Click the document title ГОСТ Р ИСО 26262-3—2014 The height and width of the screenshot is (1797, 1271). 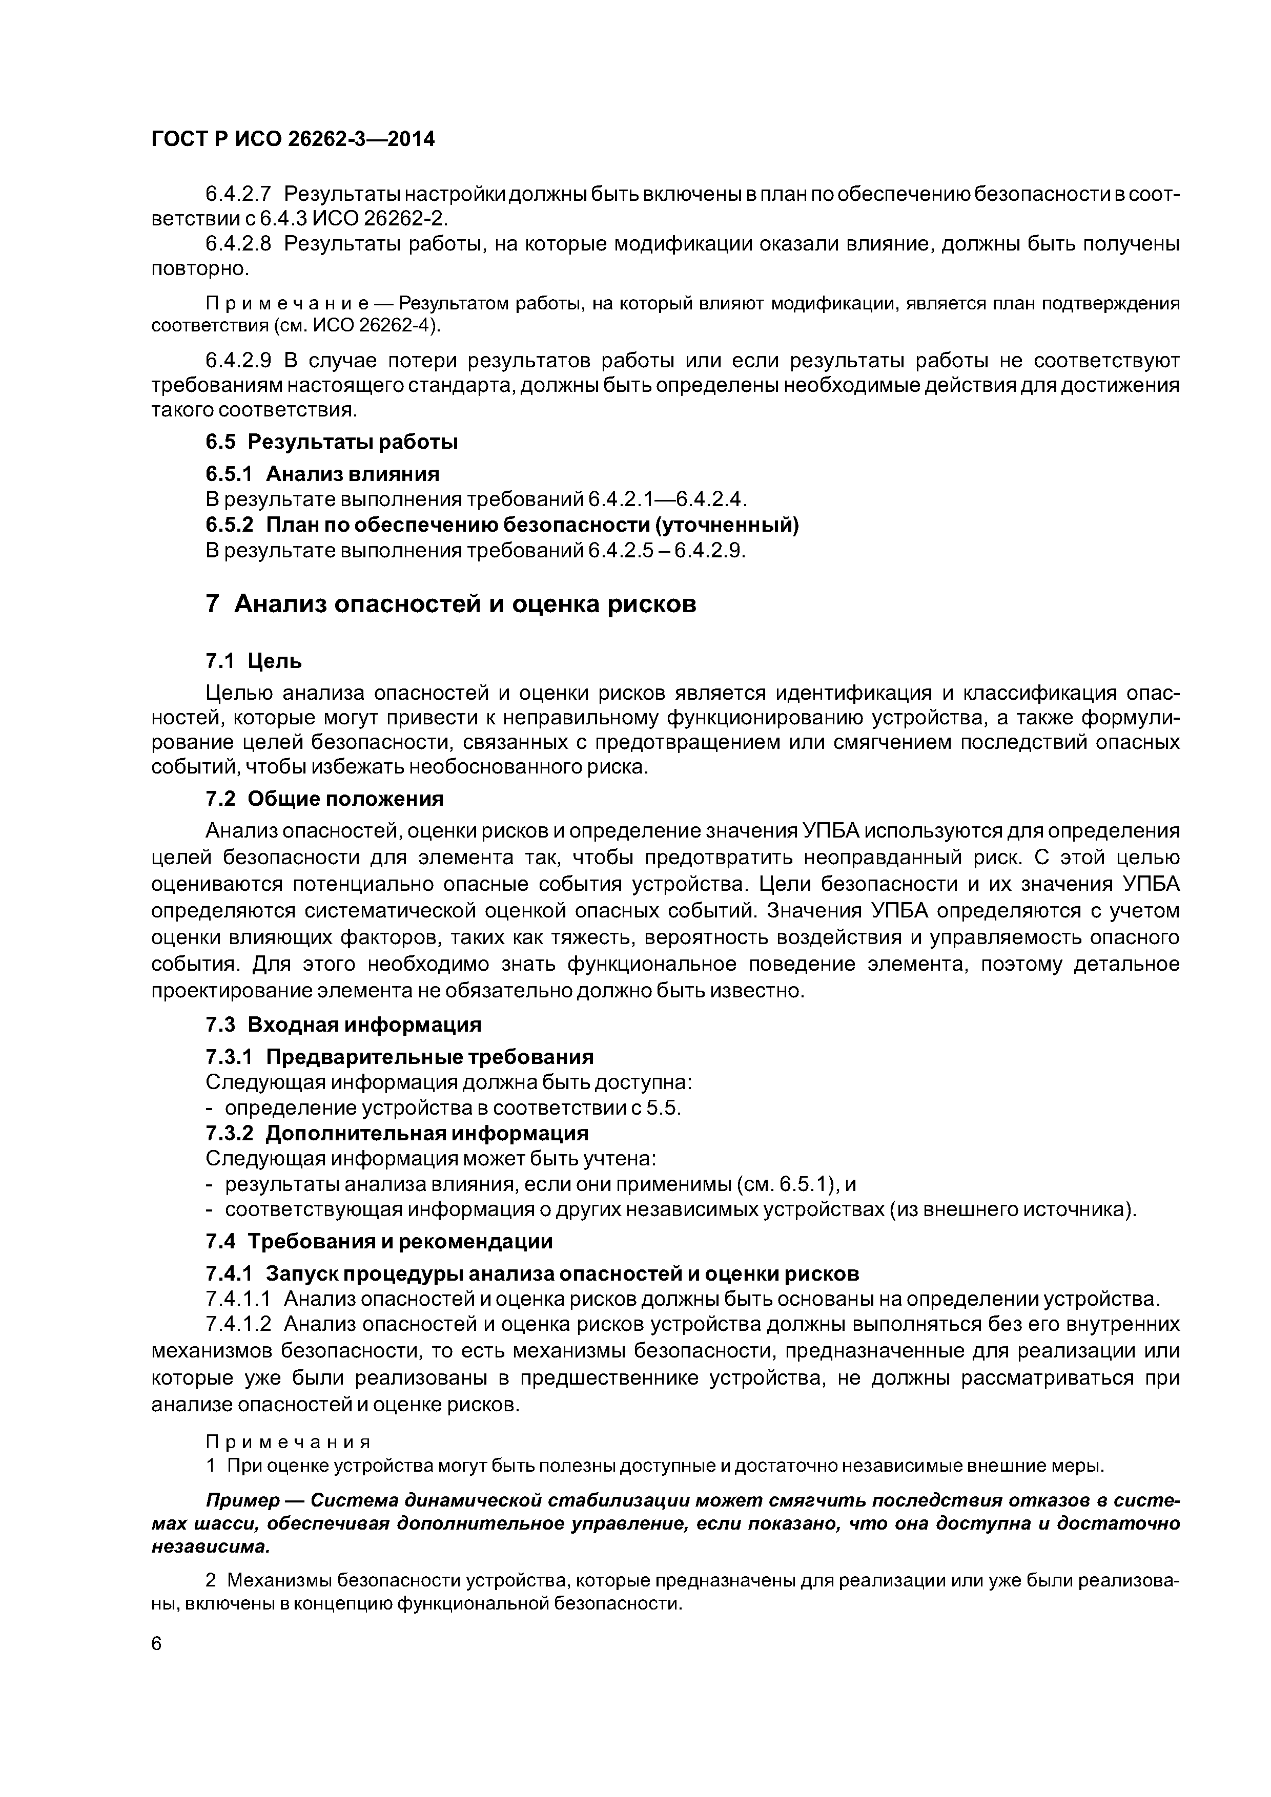292,139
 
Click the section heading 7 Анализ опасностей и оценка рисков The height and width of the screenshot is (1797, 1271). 450,604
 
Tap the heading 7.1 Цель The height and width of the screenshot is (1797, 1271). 253,661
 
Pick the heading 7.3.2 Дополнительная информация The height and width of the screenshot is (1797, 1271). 396,1133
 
